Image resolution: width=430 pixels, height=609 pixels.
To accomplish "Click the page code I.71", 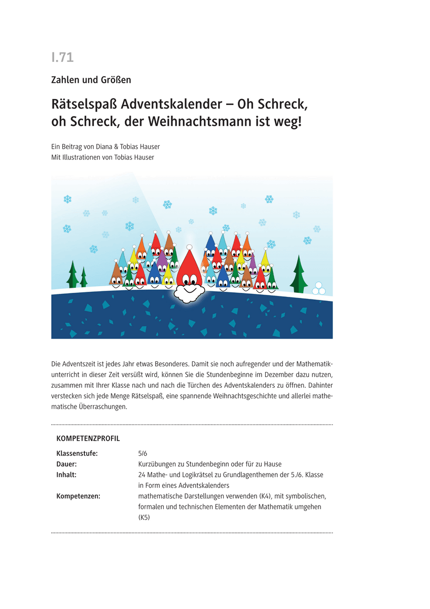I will click(x=62, y=58).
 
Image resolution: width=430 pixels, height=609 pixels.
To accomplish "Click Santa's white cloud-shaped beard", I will click(x=190, y=292).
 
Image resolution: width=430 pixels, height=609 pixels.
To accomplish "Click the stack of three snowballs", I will click(x=320, y=288).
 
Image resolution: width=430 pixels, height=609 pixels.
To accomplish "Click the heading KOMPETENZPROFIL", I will click(x=88, y=438).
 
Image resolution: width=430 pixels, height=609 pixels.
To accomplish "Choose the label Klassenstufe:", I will click(x=77, y=454).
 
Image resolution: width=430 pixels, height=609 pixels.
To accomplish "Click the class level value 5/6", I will click(x=142, y=454).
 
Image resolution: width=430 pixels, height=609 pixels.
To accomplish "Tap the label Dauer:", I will click(x=66, y=464).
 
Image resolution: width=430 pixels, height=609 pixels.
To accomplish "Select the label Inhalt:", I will click(x=66, y=475).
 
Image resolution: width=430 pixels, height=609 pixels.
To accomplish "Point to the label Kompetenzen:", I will click(x=78, y=496).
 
